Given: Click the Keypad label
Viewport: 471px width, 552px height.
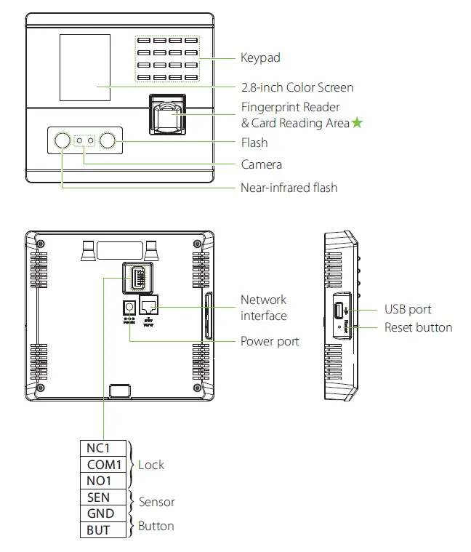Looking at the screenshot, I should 260,57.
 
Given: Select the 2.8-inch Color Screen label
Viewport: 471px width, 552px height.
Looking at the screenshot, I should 297,87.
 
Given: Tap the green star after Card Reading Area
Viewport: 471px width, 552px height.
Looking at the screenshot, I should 358,123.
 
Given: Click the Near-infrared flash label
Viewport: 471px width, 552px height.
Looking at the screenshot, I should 289,188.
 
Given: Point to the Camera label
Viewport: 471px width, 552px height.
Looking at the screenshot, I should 261,164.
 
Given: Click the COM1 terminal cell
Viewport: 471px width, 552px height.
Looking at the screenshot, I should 103,465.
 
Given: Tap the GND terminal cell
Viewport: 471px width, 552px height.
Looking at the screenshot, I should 100,513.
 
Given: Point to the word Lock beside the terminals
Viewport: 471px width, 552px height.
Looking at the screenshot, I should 151,465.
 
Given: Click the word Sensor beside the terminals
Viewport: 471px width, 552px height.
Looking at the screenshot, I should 156,502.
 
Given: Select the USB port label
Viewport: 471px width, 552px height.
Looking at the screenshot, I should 408,310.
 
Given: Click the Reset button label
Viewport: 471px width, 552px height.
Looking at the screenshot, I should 418,327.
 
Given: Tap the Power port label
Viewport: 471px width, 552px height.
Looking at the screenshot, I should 270,341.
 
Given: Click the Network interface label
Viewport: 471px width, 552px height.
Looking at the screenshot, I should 263,308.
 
